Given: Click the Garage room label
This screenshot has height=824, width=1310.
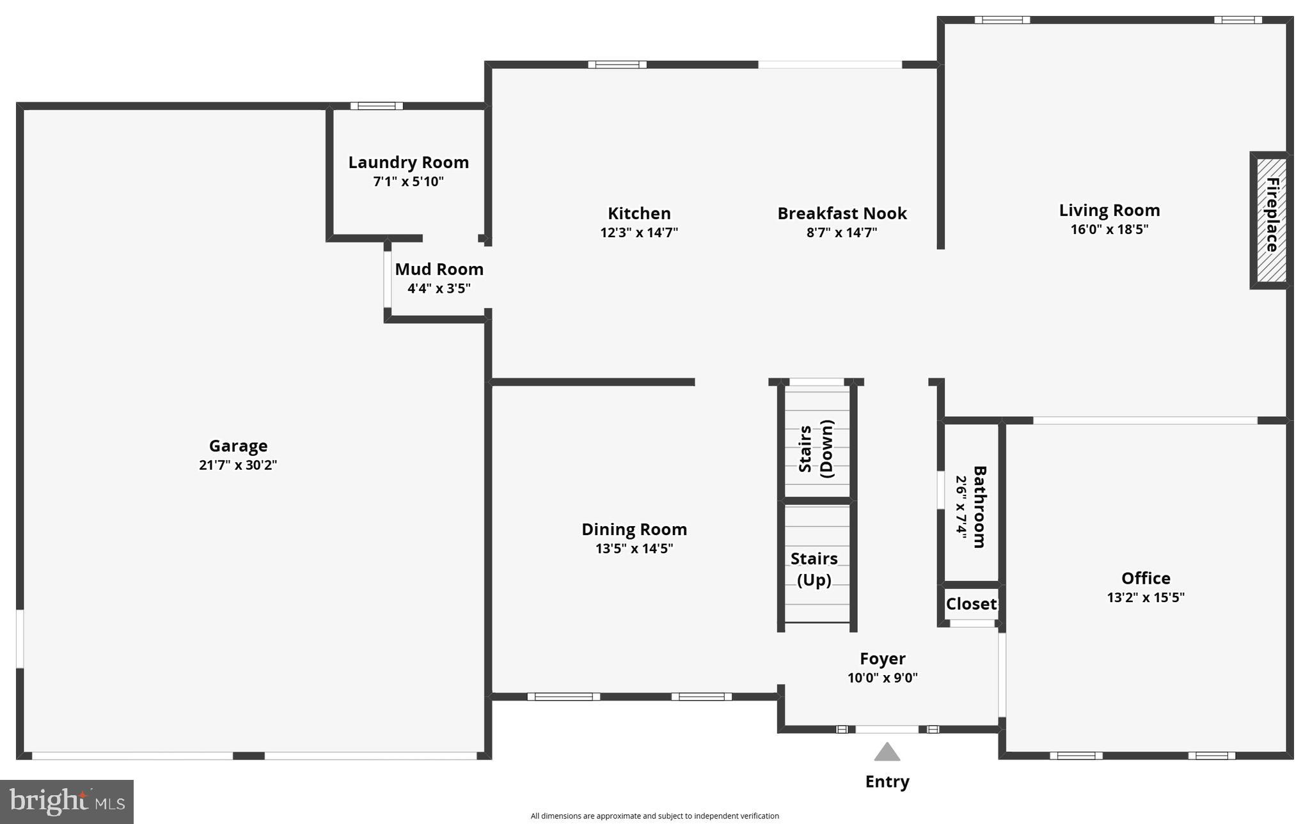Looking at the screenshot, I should [x=238, y=446].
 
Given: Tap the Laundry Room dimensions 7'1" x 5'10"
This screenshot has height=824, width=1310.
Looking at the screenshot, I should [x=408, y=182].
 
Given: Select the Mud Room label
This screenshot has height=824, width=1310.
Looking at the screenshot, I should [x=439, y=269].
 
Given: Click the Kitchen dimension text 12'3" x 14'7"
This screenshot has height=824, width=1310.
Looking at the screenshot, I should [x=638, y=233].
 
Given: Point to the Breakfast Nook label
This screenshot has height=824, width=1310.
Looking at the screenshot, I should [x=841, y=213].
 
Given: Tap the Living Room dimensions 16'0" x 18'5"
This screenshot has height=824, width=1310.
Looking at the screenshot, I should [x=1109, y=229].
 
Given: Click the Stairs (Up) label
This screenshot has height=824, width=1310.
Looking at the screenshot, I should [x=814, y=569].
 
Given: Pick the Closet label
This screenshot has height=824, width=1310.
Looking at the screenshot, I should [x=970, y=603].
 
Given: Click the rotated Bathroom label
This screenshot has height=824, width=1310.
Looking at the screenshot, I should [x=979, y=506].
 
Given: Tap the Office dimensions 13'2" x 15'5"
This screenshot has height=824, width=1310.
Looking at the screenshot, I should [x=1145, y=598].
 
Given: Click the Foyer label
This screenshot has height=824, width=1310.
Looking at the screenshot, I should [x=882, y=658].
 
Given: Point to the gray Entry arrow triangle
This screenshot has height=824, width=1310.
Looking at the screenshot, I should [x=887, y=753].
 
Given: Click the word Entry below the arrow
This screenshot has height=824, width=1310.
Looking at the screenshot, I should [x=887, y=781].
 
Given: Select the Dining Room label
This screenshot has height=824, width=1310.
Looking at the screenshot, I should [x=634, y=529].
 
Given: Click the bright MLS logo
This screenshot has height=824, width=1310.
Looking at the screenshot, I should [x=67, y=801].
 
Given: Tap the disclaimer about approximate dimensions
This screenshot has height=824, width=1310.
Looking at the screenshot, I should [x=654, y=816].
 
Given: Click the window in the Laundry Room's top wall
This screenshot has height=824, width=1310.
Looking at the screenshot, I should [x=376, y=106].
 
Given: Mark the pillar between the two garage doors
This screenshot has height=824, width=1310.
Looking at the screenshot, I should [x=248, y=756].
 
